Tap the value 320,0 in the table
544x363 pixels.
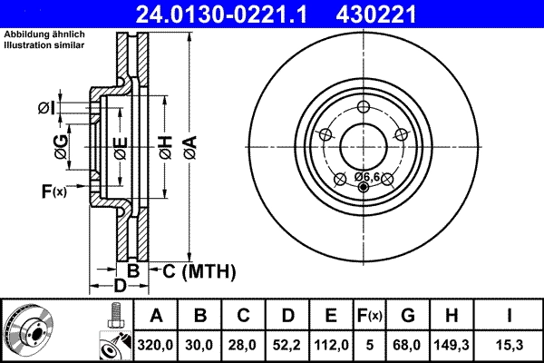(x=156, y=343)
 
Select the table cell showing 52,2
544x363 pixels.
(x=287, y=343)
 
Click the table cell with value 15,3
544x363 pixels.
(x=511, y=343)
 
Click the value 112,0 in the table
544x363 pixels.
(x=331, y=343)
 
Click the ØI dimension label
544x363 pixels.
(x=47, y=109)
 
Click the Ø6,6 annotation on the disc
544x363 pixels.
(x=366, y=175)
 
